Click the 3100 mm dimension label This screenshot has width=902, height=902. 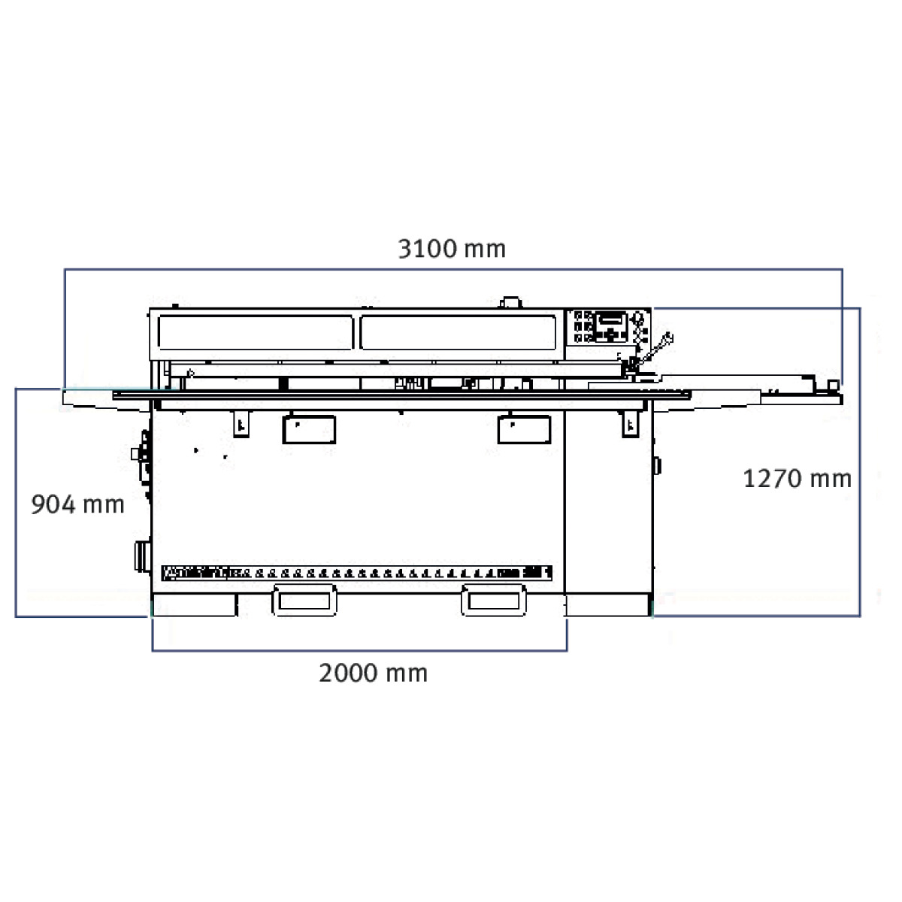click(452, 249)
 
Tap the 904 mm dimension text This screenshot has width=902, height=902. click(77, 504)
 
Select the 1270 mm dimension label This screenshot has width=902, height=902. click(798, 479)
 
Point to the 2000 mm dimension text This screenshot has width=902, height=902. click(373, 673)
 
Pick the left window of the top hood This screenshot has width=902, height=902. click(256, 332)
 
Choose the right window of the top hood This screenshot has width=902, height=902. click(459, 332)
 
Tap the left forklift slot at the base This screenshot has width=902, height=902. click(304, 601)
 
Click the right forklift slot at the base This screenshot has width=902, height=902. click(494, 601)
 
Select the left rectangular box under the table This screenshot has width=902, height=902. click(309, 429)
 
